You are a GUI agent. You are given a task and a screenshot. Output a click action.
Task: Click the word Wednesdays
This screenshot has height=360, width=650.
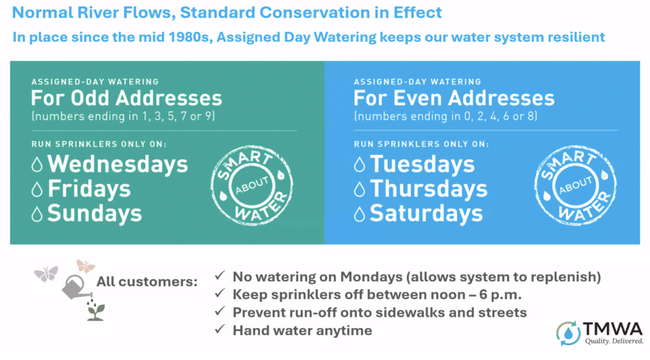click(x=117, y=164)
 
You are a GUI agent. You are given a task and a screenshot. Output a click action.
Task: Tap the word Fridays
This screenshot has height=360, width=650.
click(x=89, y=189)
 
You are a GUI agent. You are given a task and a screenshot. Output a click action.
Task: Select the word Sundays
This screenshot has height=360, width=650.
click(x=95, y=213)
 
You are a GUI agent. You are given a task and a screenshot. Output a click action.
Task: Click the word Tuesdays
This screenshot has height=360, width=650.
click(x=422, y=164)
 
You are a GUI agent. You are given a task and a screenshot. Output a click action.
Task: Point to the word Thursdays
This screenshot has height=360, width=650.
click(x=428, y=189)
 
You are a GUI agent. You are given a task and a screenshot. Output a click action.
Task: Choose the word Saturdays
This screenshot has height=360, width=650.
click(x=426, y=213)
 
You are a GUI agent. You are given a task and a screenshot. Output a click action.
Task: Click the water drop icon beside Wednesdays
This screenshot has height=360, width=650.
click(x=37, y=164)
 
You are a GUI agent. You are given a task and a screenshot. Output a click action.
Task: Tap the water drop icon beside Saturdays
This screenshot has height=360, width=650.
click(x=359, y=214)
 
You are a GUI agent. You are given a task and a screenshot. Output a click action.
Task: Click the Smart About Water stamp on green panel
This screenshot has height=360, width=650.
click(x=252, y=185)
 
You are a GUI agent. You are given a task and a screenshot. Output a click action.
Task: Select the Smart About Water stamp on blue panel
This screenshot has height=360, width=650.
click(x=575, y=185)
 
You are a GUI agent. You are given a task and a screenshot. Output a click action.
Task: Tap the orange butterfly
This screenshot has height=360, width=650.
click(x=86, y=266)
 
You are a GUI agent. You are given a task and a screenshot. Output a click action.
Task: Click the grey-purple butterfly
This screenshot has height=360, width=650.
click(x=46, y=274)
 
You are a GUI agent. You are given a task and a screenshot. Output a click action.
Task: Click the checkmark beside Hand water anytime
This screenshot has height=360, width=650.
click(x=220, y=330)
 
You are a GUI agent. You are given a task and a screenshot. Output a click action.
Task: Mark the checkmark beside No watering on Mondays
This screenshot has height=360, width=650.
click(x=220, y=276)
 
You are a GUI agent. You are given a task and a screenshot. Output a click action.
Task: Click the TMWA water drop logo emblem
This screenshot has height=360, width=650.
click(x=568, y=333)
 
